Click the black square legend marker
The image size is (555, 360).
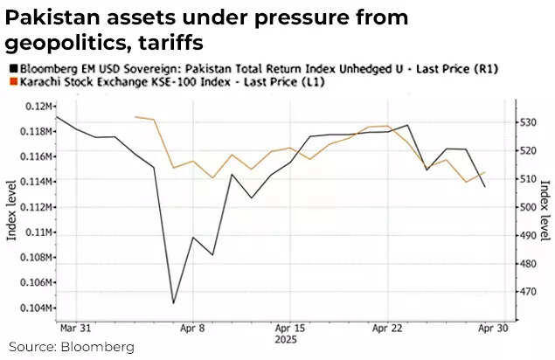point(11,67)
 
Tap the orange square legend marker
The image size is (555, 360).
point(11,82)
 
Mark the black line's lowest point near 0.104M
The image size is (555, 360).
point(173,303)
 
